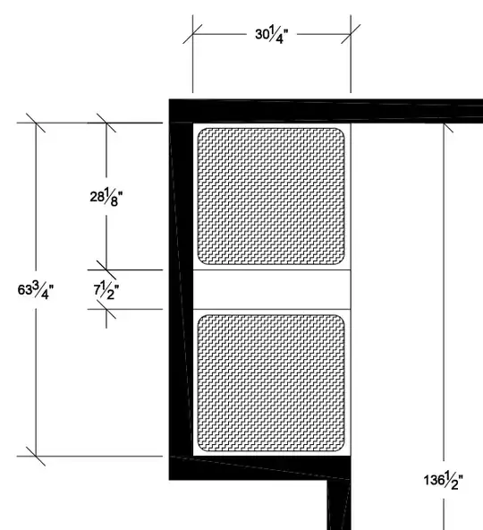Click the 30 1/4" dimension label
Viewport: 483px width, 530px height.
(272, 35)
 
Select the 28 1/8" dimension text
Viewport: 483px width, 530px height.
(106, 197)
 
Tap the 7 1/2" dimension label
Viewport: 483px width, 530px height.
(106, 291)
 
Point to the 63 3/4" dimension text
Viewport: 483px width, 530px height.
(36, 290)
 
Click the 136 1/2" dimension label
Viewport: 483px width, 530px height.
(444, 480)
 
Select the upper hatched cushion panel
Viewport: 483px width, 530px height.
(271, 196)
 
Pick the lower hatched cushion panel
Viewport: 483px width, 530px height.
(271, 383)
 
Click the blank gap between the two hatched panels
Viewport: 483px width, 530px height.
(272, 289)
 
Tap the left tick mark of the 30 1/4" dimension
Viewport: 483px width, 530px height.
(192, 34)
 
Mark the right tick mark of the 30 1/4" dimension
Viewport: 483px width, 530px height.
(351, 34)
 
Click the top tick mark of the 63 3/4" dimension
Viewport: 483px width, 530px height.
(36, 123)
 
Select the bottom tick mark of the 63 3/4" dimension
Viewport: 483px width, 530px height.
(36, 456)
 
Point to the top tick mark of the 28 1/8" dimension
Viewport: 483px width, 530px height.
(106, 123)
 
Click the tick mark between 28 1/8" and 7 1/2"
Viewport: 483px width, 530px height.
(106, 269)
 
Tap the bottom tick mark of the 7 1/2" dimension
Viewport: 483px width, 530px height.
(106, 309)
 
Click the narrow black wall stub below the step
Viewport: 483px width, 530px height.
(339, 505)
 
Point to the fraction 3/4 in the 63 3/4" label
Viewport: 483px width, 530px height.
(42, 290)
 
